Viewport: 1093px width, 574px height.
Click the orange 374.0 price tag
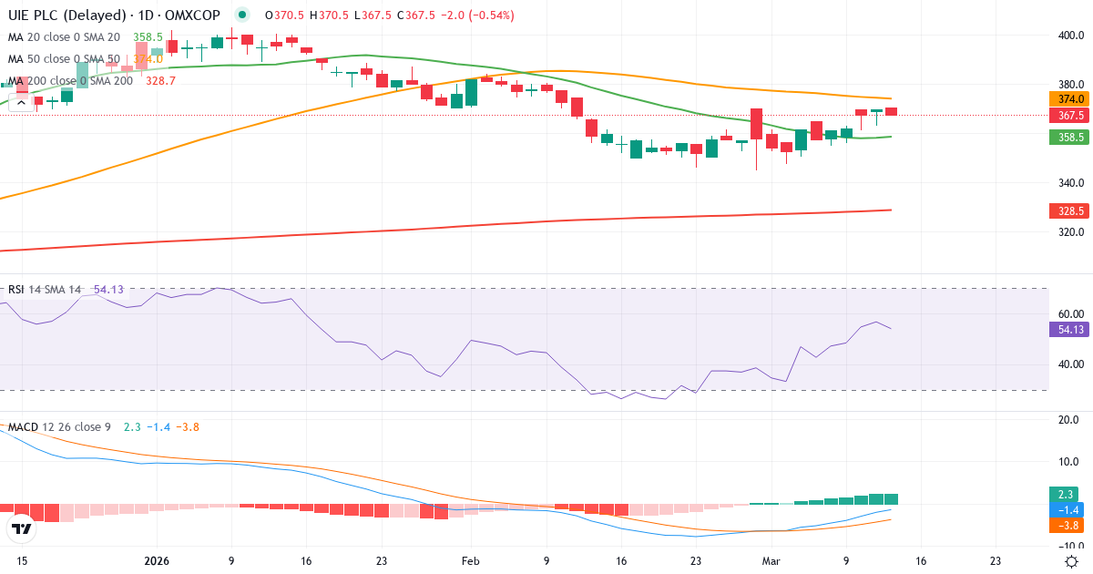[x=1068, y=98]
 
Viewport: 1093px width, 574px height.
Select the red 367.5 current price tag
[x=1068, y=116]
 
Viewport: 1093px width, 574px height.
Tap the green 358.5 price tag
[x=1068, y=137]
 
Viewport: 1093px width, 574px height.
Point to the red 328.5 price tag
[x=1068, y=210]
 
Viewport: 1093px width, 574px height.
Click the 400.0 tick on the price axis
[x=1070, y=36]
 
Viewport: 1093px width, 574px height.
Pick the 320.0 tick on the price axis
[x=1070, y=231]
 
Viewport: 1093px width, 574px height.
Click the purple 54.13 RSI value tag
[x=1068, y=330]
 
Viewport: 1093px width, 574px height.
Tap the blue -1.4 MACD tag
[x=1068, y=509]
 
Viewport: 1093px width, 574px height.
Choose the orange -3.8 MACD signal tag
[x=1068, y=525]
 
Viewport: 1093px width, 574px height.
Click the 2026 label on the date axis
[x=158, y=561]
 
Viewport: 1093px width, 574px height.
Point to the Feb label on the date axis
[x=469, y=561]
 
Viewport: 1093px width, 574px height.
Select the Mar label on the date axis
[x=771, y=561]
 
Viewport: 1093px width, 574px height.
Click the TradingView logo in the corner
[x=21, y=528]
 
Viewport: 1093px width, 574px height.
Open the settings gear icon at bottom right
[x=1072, y=561]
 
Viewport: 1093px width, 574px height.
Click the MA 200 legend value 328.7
[x=159, y=81]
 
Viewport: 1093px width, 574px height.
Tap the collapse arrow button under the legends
[x=21, y=102]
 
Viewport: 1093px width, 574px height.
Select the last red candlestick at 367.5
[x=891, y=111]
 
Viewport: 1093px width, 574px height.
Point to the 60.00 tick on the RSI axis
[x=1070, y=313]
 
